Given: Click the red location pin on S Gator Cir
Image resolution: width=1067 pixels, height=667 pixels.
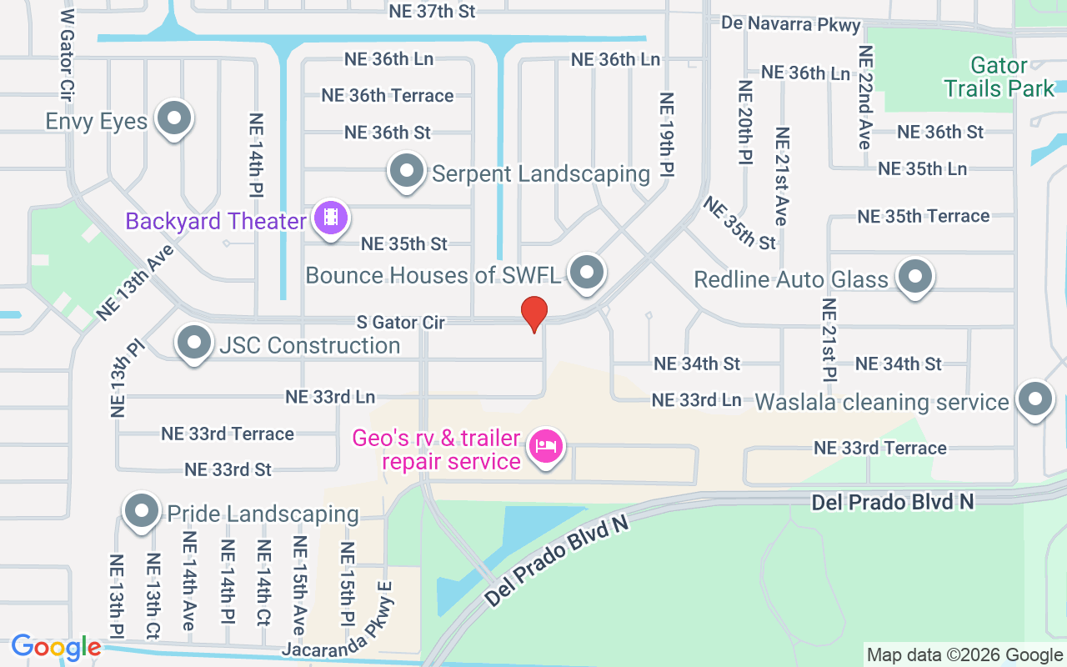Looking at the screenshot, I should [533, 313].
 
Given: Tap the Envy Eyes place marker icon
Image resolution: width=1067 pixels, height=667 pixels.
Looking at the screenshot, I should [174, 119].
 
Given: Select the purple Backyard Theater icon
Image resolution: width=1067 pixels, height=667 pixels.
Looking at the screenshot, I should [331, 218].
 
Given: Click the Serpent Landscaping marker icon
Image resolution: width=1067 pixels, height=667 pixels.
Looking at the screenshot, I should [407, 171].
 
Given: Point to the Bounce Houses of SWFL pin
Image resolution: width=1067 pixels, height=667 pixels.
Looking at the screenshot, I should [587, 273].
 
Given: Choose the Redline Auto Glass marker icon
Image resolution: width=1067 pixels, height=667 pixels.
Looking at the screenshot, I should [915, 276].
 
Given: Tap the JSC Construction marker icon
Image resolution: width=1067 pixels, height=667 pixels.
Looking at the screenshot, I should [194, 343].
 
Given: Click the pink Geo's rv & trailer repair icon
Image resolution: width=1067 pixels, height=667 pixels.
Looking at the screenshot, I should [546, 447].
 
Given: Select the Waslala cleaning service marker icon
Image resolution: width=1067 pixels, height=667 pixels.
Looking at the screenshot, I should [1034, 399].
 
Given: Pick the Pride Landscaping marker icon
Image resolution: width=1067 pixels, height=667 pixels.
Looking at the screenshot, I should [141, 511].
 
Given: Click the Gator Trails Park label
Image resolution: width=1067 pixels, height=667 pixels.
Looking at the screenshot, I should [999, 77].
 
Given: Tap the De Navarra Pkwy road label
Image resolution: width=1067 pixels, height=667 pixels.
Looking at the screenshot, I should [791, 23].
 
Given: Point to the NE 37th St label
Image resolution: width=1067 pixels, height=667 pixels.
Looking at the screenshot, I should [432, 11].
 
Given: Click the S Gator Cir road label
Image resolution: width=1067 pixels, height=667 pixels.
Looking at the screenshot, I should [401, 322].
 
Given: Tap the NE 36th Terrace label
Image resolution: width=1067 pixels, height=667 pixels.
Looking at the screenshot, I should [388, 95].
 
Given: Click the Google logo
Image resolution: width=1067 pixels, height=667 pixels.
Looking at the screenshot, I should [56, 647].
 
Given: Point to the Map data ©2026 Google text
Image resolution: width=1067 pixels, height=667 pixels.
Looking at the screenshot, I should [964, 655].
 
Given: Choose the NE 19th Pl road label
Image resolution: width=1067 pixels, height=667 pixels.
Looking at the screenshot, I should [666, 133].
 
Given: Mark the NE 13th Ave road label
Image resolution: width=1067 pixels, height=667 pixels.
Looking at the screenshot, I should [134, 283].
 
